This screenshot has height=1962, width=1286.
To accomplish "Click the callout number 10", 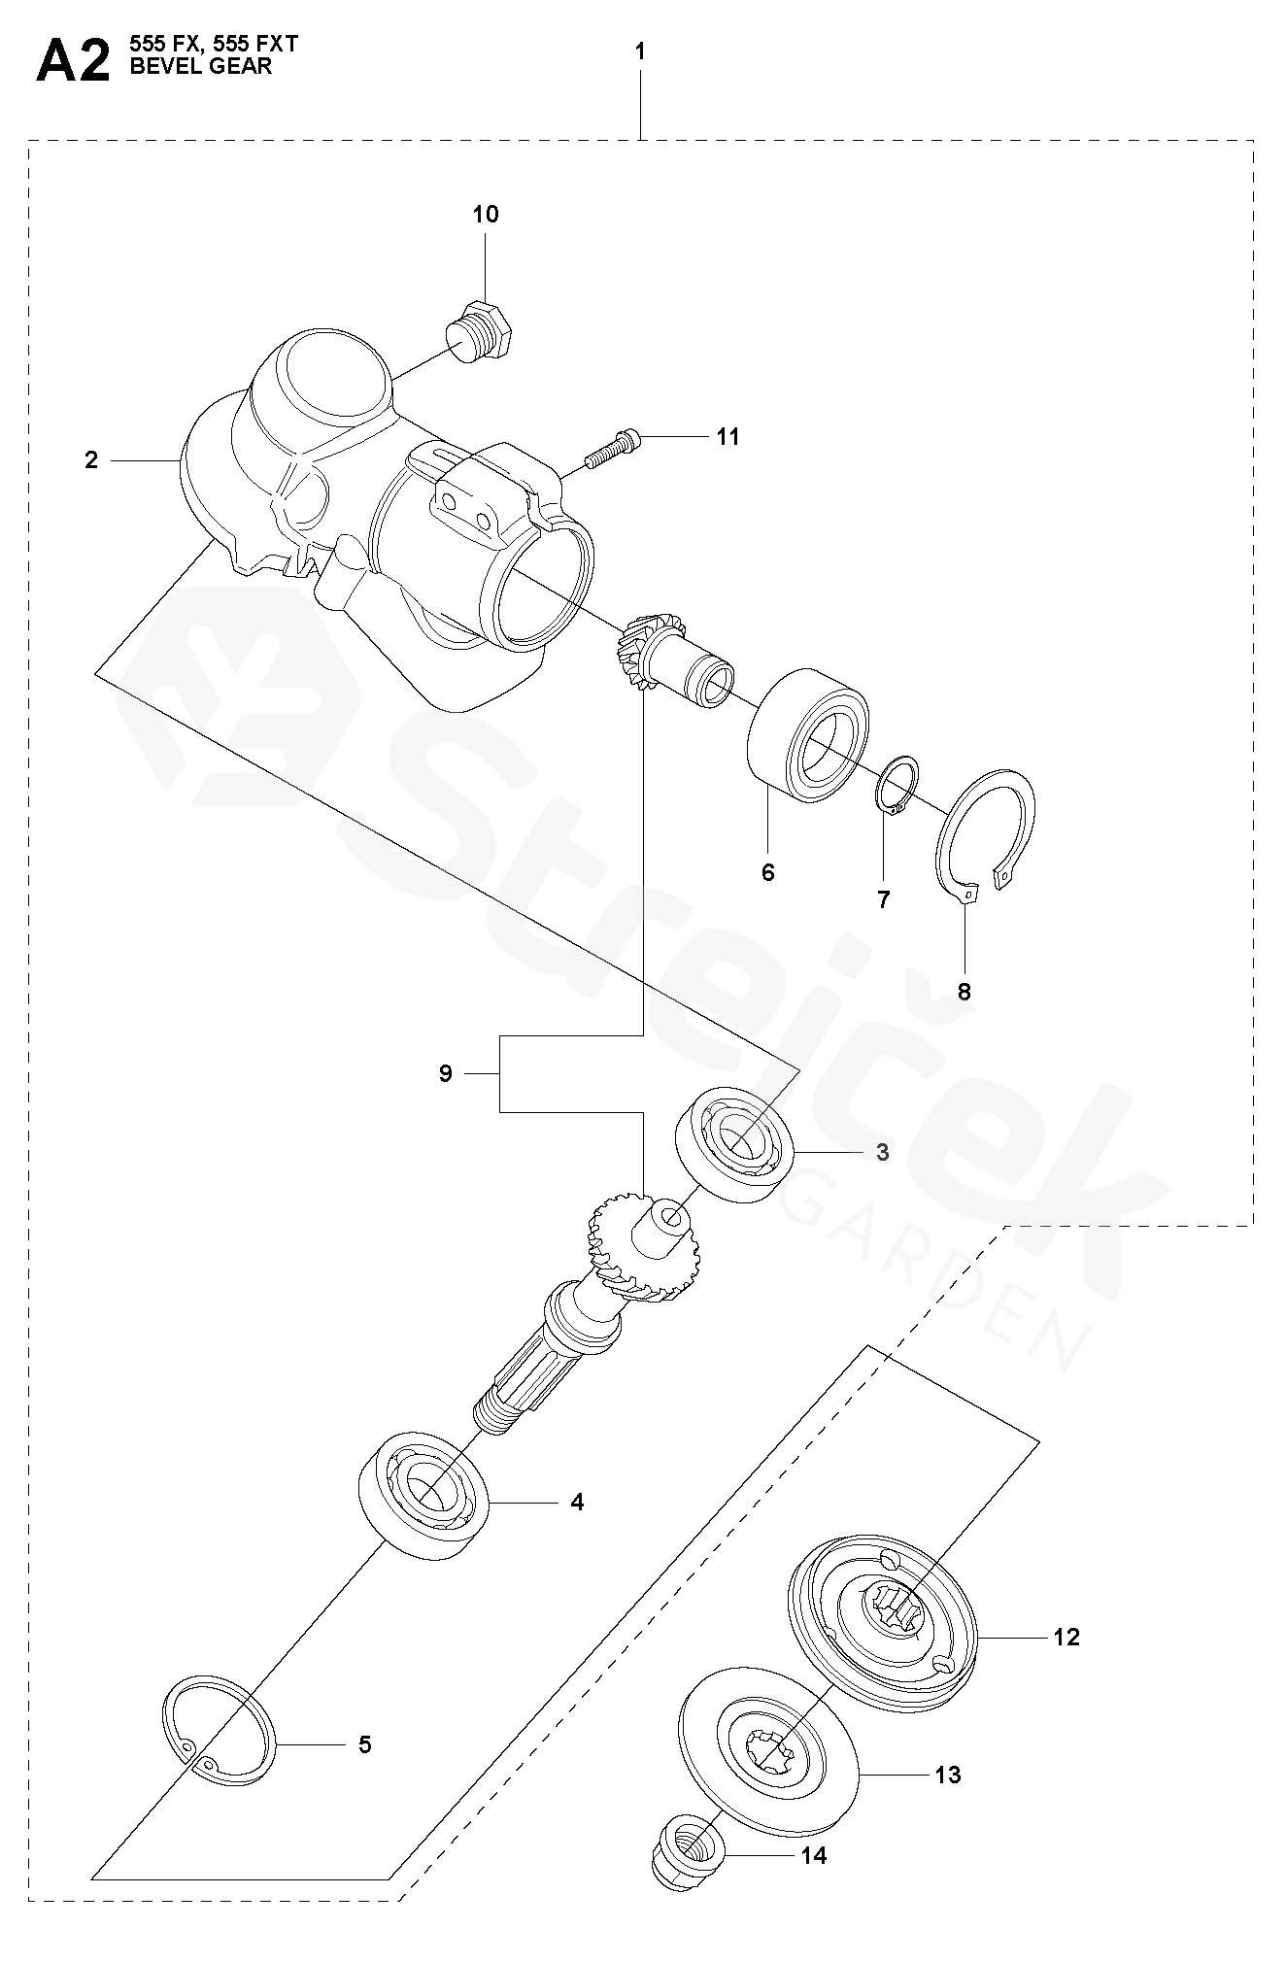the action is [486, 215].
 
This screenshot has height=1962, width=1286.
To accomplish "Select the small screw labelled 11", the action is [611, 448].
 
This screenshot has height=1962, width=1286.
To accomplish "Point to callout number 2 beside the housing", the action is [91, 459].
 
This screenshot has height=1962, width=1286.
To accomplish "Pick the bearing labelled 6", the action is [809, 734].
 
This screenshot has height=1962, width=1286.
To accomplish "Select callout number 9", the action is [446, 1073].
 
